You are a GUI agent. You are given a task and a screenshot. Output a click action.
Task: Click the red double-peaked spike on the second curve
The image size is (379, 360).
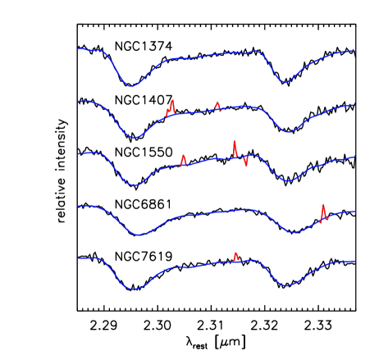pos(171,107)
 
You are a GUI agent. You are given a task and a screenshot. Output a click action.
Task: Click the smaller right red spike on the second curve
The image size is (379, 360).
pos(217,105)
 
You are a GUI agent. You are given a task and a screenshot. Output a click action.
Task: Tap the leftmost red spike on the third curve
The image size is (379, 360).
pos(183,159)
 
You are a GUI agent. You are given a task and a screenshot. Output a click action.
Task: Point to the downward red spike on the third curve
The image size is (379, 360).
pos(245,162)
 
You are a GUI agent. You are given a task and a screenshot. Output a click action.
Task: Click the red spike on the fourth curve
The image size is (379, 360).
pos(323,212)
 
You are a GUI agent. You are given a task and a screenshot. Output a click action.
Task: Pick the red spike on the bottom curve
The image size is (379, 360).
pos(235,257)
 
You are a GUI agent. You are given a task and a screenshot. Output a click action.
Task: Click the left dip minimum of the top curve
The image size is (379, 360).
pos(130,85)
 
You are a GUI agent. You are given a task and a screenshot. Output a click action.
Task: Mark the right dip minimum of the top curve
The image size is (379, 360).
pos(284,82)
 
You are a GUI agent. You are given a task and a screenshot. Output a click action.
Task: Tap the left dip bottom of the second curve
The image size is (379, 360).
pos(135,138)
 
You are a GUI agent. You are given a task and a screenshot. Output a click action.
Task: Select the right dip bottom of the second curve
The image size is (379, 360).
pos(287,131)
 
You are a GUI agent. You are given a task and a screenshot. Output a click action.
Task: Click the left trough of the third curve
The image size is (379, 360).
pos(136,185)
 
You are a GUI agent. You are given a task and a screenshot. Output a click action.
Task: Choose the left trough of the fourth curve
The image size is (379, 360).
pos(139,235)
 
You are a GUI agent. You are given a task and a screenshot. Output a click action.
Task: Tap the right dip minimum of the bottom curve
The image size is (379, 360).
pos(285,285)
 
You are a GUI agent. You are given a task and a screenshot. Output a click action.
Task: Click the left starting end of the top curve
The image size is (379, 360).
pos(79,48)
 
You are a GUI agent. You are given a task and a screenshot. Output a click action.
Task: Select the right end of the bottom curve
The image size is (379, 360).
pos(354,261)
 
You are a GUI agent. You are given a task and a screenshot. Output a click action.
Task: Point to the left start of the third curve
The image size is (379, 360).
pos(79,153)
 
